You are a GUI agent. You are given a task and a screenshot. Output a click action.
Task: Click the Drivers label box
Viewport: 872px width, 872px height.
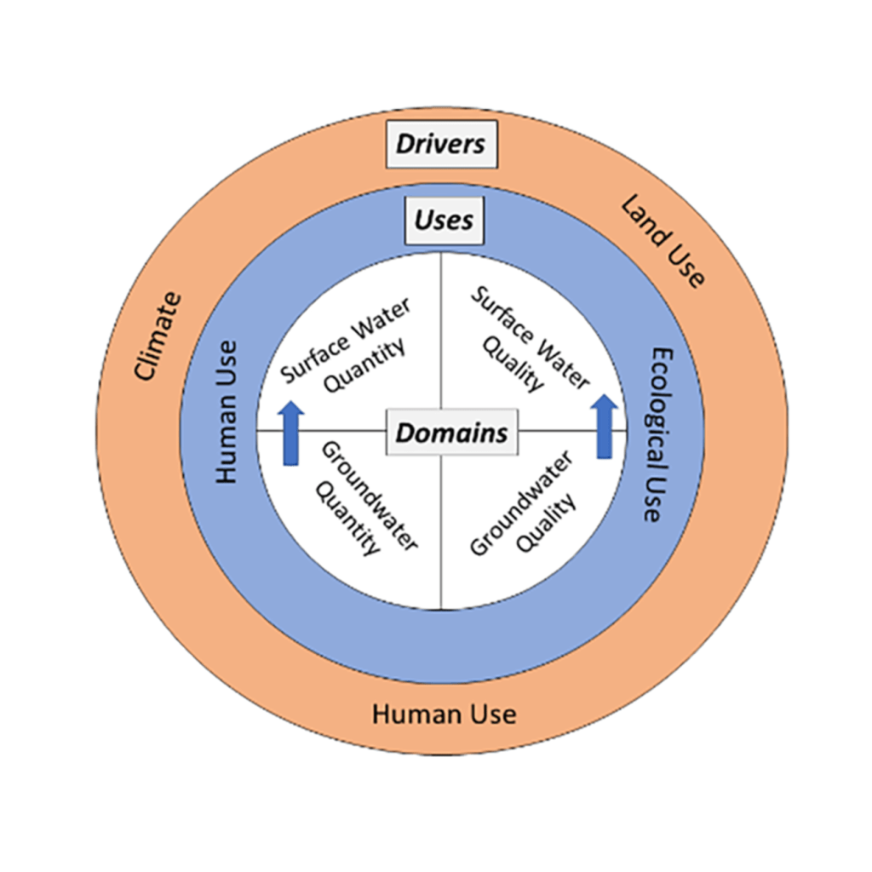(442, 144)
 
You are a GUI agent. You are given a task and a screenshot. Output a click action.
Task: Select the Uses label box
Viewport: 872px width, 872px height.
(444, 221)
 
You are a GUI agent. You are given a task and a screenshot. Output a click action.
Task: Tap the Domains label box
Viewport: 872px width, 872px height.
(451, 433)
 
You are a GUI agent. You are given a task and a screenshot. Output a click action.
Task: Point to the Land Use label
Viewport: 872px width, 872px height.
(663, 242)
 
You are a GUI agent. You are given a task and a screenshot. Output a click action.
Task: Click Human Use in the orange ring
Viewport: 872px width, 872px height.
(444, 713)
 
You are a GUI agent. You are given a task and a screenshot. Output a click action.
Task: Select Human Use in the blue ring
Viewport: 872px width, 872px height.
(226, 412)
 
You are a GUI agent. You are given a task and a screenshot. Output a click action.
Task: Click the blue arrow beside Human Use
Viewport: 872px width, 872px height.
(291, 433)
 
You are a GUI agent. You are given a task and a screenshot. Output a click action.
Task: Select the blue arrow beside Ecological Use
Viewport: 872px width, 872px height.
(605, 426)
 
